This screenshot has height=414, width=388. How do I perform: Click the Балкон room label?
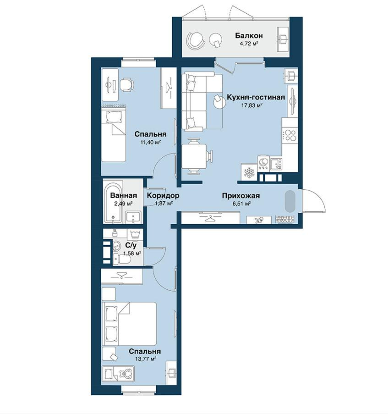pyautogui.click(x=249, y=35)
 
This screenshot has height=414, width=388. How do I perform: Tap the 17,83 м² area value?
pyautogui.click(x=252, y=105)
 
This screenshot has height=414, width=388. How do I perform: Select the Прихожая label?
pyautogui.click(x=241, y=196)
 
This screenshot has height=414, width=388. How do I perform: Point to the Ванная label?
pyautogui.click(x=123, y=195)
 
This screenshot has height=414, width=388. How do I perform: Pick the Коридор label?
pyautogui.click(x=163, y=195)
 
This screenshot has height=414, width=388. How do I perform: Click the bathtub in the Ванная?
pyautogui.click(x=114, y=202)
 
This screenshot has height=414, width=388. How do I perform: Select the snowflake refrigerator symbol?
pyautogui.click(x=249, y=172)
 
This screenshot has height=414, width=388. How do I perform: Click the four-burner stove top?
pyautogui.click(x=290, y=135)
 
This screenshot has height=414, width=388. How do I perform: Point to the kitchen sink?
pyautogui.click(x=276, y=164)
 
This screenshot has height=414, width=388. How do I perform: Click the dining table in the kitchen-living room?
pyautogui.click(x=194, y=156)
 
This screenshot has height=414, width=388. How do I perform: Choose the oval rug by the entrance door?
pyautogui.click(x=290, y=201)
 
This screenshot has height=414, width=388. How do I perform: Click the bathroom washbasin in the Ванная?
pyautogui.click(x=133, y=217)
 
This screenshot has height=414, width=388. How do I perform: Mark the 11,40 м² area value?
pyautogui.click(x=151, y=143)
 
